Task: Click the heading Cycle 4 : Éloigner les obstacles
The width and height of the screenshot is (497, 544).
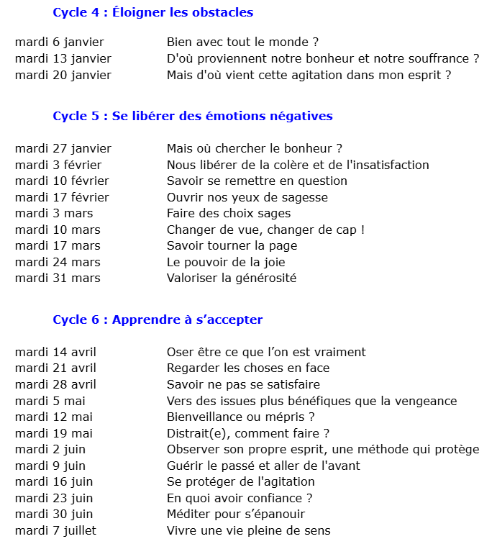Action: (152, 12)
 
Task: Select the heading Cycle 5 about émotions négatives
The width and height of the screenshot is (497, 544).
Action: (192, 116)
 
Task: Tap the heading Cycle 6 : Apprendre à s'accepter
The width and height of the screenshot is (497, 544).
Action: (158, 319)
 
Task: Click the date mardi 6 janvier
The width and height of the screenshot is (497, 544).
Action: (59, 42)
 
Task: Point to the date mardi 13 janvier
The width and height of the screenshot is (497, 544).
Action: (63, 58)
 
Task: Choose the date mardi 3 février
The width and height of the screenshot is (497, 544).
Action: (58, 165)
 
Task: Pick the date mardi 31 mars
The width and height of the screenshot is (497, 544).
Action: (58, 278)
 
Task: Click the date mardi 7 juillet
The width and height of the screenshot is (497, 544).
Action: (55, 530)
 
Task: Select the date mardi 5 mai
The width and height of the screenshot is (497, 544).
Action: (50, 401)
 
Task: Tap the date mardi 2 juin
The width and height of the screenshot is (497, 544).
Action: (50, 450)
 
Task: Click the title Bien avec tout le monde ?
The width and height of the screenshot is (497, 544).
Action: (242, 42)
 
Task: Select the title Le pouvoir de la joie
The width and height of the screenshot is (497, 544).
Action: (226, 262)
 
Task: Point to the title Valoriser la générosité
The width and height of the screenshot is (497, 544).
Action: (232, 278)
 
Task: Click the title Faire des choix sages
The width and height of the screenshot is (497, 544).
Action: (229, 213)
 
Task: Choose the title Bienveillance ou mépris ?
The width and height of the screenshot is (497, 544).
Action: (241, 417)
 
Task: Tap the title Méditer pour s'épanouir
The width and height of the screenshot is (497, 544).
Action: (236, 514)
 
